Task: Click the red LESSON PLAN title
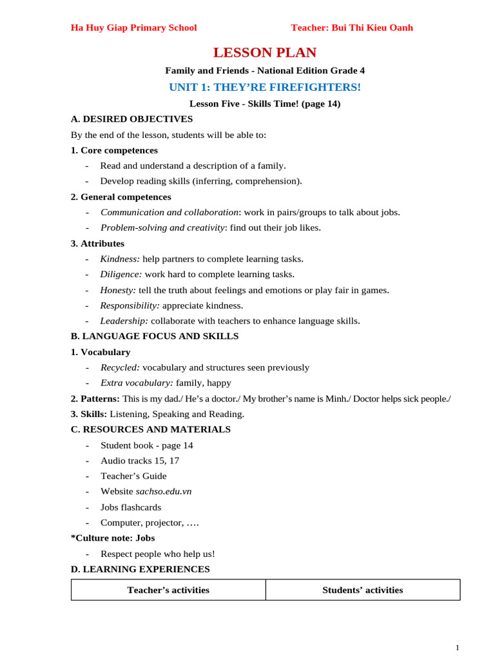click(x=265, y=53)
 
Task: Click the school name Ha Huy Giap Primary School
click(x=133, y=28)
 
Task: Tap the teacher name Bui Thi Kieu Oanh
click(x=352, y=28)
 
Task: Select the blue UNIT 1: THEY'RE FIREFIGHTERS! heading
click(x=265, y=87)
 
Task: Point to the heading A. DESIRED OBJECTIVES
click(x=131, y=119)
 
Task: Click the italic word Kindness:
click(x=120, y=259)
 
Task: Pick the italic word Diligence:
click(x=121, y=275)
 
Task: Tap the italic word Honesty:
click(x=118, y=290)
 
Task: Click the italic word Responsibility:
click(x=130, y=306)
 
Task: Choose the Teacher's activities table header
click(x=168, y=590)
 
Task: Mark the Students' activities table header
click(x=363, y=590)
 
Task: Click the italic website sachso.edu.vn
click(x=164, y=492)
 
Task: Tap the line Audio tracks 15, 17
click(x=140, y=461)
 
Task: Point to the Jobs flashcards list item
click(x=131, y=507)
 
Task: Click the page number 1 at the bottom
click(x=457, y=648)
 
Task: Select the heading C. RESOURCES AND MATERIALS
click(x=150, y=429)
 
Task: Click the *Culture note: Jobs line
click(x=113, y=538)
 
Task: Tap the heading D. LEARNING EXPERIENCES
click(x=140, y=569)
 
